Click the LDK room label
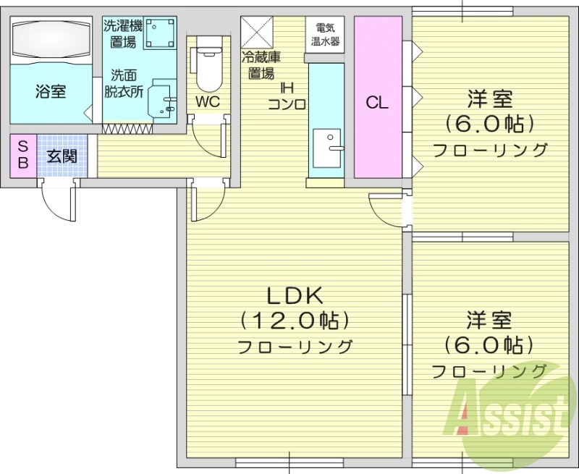pos(295,295)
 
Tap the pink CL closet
pos(377,102)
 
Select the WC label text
pos(208,102)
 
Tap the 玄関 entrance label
pos(64,155)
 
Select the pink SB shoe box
pos(22,155)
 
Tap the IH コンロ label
pos(287,96)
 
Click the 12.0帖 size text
pos(295,319)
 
